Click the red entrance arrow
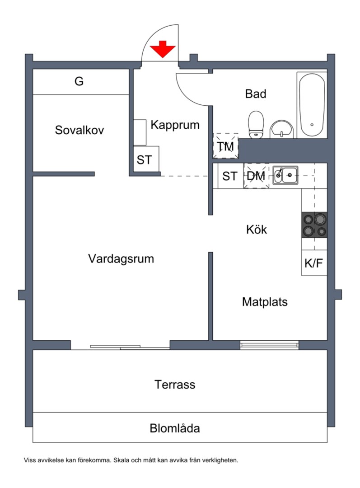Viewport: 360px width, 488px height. coord(163,49)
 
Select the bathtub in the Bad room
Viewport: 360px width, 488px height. coord(312,104)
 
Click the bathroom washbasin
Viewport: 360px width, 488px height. coord(282,130)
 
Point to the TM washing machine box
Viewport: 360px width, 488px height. coord(225,146)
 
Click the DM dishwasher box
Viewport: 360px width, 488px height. coord(256,176)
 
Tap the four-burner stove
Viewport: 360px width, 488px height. coord(314,225)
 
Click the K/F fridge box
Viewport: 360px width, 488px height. coord(314,263)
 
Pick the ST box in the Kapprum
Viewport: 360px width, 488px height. coord(145,160)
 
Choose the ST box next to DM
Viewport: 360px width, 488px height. coord(230,176)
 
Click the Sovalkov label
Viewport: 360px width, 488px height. coord(79,130)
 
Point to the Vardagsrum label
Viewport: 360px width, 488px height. coord(121,259)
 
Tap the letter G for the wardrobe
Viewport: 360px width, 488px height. coord(79,82)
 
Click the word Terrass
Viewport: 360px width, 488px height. coord(175,385)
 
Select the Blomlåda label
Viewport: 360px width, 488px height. coord(175,428)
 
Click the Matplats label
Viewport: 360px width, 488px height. coord(265,301)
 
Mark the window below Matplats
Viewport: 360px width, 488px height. coord(269,345)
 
